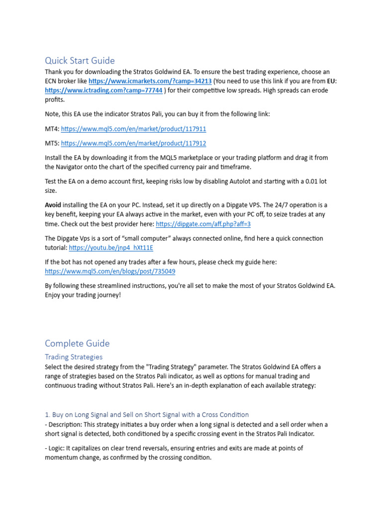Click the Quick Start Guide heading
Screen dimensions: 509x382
80,61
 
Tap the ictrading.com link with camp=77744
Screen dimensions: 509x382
103,90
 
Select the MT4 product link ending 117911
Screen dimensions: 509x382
133,129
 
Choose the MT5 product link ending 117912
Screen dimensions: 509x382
133,143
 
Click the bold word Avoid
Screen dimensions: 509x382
53,205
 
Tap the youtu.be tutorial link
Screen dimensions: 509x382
111,248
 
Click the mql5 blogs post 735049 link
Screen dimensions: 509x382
110,271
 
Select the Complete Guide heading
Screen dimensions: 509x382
77,343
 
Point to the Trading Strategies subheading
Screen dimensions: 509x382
74,357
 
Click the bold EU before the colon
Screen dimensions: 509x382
331,81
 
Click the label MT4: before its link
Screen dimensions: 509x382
52,129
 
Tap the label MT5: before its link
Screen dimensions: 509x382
52,143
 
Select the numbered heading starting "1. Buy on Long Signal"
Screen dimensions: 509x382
147,415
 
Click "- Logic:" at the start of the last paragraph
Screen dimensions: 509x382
56,448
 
